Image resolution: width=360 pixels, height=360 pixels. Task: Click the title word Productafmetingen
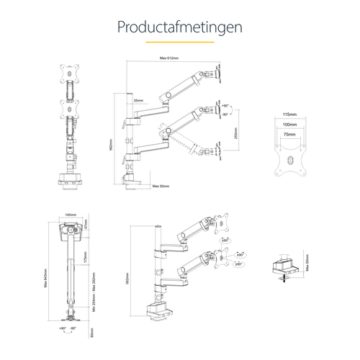[x=180, y=27]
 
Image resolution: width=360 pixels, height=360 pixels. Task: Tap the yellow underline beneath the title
[x=180, y=42]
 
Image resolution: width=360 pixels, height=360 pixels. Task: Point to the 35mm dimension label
[x=138, y=101]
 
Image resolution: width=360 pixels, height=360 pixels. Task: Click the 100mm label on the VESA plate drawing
[x=290, y=125]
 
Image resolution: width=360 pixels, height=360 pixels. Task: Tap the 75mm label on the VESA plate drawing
[x=290, y=134]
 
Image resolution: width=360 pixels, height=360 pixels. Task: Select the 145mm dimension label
[x=71, y=215]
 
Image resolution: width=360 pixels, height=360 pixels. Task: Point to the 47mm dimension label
[x=85, y=225]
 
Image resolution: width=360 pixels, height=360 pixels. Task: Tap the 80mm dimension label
[x=92, y=332]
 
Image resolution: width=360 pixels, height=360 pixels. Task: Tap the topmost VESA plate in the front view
[x=71, y=71]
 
